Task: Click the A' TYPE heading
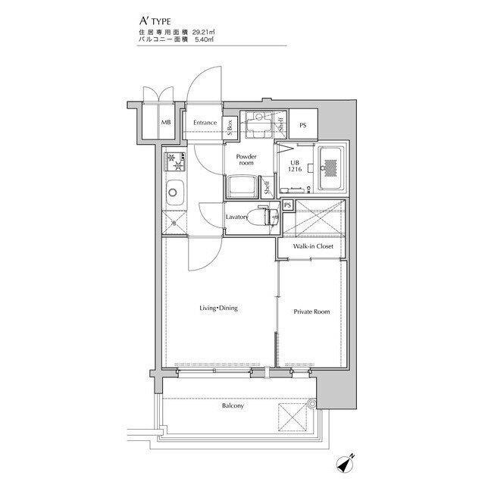(155, 21)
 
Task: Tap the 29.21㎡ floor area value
(204, 32)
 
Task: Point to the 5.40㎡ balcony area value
(205, 39)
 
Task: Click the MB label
(166, 123)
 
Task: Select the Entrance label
(205, 123)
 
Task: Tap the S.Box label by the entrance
(230, 127)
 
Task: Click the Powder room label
(246, 159)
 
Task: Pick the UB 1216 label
(295, 166)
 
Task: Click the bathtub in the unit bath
(331, 168)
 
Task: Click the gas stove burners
(176, 161)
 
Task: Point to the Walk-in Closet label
(313, 246)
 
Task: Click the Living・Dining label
(219, 308)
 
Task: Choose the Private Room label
(311, 311)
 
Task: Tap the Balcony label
(233, 405)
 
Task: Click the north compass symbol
(345, 463)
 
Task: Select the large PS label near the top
(303, 125)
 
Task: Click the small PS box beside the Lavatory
(288, 205)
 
